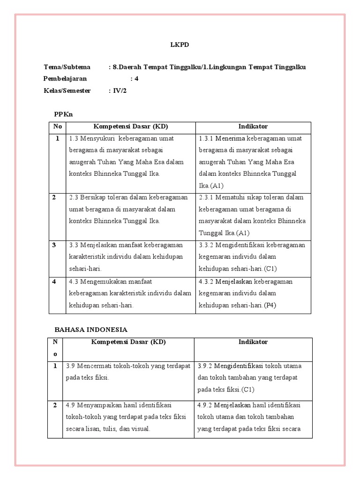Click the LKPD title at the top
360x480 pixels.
click(x=180, y=45)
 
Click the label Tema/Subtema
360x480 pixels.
click(x=67, y=67)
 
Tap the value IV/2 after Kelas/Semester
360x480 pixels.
click(x=120, y=90)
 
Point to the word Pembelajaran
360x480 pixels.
click(x=65, y=79)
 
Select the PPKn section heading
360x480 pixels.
click(x=64, y=114)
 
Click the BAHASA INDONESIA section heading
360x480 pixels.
click(x=91, y=330)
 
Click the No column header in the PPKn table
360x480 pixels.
click(x=57, y=127)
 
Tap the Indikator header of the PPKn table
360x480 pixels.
click(x=253, y=127)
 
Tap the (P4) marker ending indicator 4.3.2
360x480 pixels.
click(x=270, y=305)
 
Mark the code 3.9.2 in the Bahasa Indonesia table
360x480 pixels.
click(x=206, y=366)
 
